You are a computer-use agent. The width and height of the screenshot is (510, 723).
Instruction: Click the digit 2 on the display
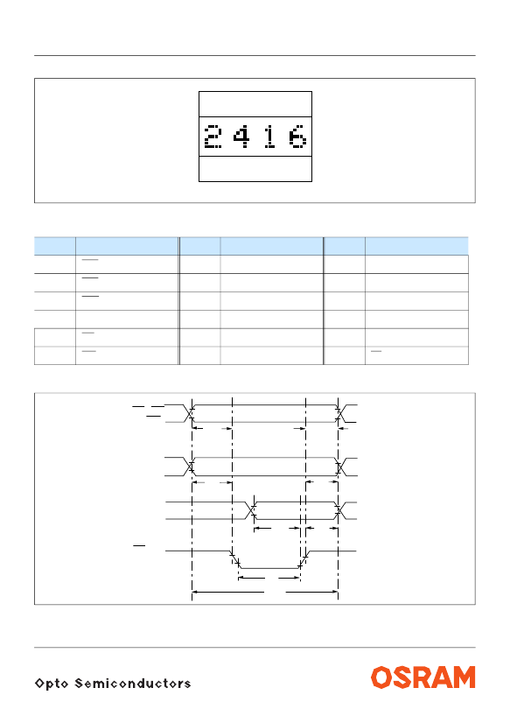click(x=213, y=137)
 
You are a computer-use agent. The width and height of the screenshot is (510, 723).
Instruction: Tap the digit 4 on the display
click(x=241, y=137)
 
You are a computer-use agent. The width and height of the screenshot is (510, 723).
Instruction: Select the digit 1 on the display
click(x=270, y=137)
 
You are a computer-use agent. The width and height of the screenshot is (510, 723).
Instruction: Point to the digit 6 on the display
click(x=297, y=137)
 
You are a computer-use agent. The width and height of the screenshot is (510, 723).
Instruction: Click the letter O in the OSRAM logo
click(x=381, y=677)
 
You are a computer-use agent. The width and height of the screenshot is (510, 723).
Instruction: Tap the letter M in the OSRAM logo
click(x=464, y=677)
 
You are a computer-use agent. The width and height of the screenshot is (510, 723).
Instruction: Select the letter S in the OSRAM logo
click(x=402, y=677)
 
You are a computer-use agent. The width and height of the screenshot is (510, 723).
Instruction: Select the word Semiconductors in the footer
click(x=133, y=683)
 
